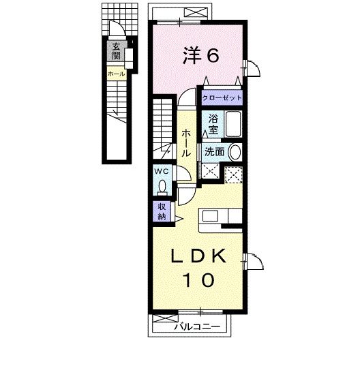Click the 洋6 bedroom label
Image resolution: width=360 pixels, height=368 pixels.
[200, 56]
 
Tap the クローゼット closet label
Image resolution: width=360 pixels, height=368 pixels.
[222, 97]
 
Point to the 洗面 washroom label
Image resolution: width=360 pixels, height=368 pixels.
[214, 152]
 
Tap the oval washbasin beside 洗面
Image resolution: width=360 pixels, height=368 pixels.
[235, 152]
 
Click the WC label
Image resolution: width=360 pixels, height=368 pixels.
[162, 170]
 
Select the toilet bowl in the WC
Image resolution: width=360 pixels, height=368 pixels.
[162, 185]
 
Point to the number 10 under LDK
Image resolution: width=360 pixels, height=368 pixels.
[198, 279]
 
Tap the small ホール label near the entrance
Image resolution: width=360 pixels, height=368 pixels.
[115, 72]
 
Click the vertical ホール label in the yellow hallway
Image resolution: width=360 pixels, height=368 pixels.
[185, 144]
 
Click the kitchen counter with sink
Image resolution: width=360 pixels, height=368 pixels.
[220, 216]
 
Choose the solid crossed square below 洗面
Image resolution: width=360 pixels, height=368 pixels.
[210, 172]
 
